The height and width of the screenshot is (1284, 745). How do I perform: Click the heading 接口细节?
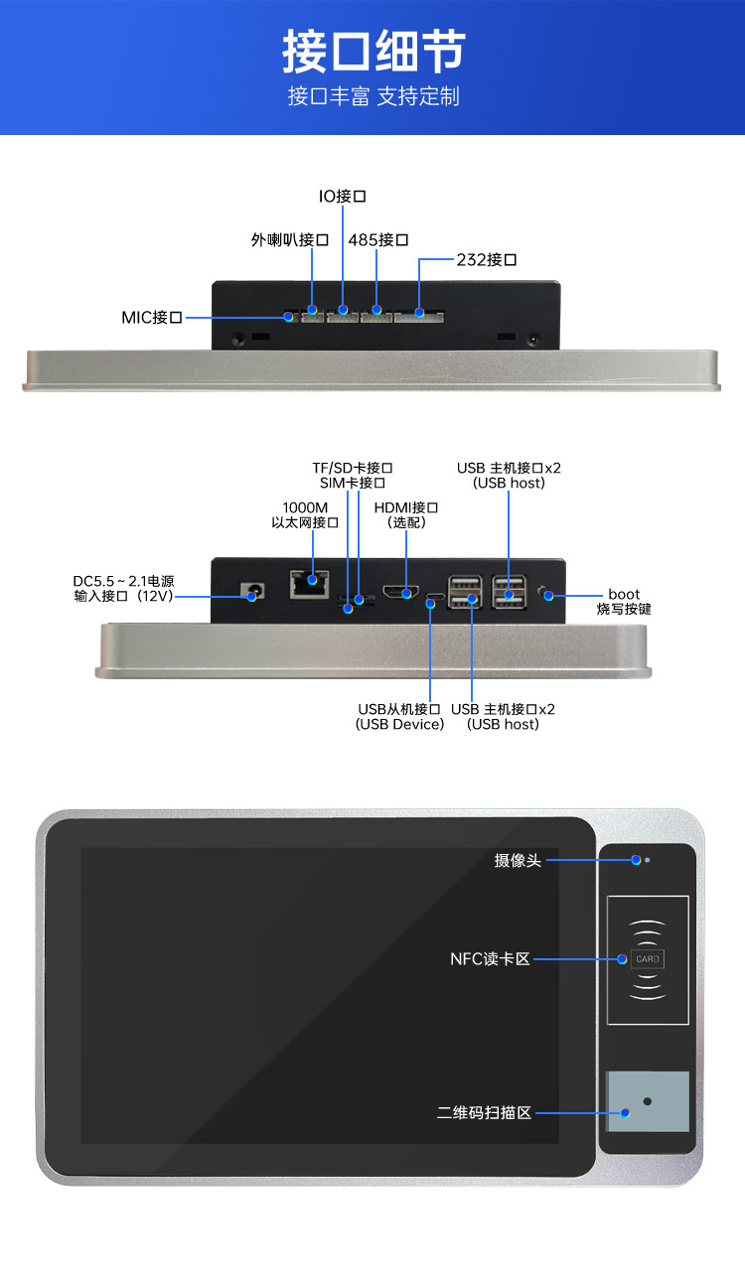pyautogui.click(x=372, y=52)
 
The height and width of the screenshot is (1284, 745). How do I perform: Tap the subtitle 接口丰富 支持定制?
pyautogui.click(x=372, y=96)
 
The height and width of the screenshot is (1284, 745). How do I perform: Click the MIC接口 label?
pyautogui.click(x=152, y=318)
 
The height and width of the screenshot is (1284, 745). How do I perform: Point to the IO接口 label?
pyautogui.click(x=342, y=197)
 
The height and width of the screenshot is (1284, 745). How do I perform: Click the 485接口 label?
pyautogui.click(x=378, y=240)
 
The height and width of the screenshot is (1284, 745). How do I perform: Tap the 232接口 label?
pyautogui.click(x=487, y=260)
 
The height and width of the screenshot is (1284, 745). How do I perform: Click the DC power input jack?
pyautogui.click(x=254, y=594)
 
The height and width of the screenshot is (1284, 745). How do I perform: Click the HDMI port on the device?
pyautogui.click(x=402, y=593)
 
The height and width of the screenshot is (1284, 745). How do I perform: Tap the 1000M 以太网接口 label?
pyautogui.click(x=305, y=514)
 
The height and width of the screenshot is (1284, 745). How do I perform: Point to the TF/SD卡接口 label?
pyautogui.click(x=353, y=468)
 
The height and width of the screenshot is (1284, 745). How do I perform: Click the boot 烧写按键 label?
pyautogui.click(x=624, y=602)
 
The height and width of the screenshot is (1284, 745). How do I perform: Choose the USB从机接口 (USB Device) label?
pyautogui.click(x=399, y=717)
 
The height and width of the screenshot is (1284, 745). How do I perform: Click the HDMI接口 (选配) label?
pyautogui.click(x=405, y=514)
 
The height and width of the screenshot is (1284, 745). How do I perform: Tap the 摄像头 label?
pyautogui.click(x=518, y=860)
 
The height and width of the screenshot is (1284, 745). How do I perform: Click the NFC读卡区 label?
pyautogui.click(x=490, y=959)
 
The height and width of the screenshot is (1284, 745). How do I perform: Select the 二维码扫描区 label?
pyautogui.click(x=484, y=1113)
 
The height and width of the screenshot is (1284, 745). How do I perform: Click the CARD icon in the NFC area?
pyautogui.click(x=648, y=959)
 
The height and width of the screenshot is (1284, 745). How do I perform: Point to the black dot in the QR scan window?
pyautogui.click(x=647, y=1101)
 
